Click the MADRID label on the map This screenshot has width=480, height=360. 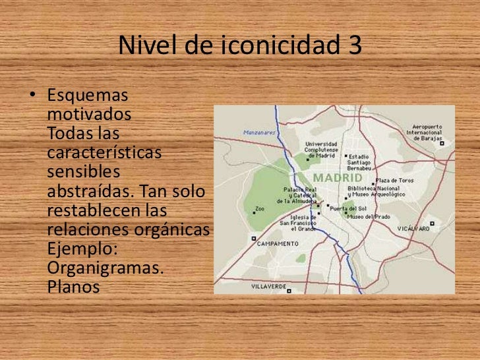(x=337, y=177)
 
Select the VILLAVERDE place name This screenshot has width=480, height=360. (x=269, y=287)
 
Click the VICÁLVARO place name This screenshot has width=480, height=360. (x=414, y=229)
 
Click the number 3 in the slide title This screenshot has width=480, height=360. (x=353, y=45)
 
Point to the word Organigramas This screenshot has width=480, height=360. (x=106, y=271)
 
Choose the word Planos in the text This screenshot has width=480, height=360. (x=73, y=288)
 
